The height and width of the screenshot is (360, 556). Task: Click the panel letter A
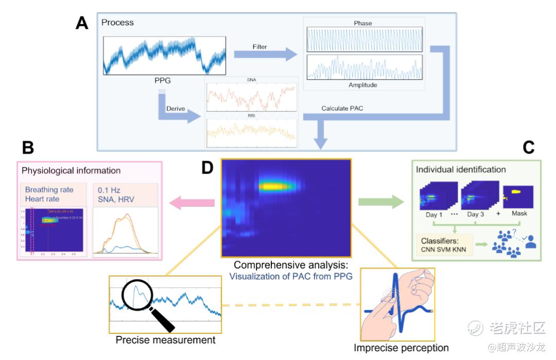(x=82, y=23)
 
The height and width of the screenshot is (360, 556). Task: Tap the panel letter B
(x=28, y=148)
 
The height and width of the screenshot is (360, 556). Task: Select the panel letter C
(x=529, y=148)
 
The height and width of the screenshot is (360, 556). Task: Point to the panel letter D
(x=207, y=168)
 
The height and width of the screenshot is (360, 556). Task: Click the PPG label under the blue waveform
(x=163, y=80)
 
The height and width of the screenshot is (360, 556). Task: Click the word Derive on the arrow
(x=176, y=109)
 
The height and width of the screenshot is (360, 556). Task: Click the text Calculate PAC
(x=342, y=109)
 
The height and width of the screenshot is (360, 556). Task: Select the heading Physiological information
(x=71, y=170)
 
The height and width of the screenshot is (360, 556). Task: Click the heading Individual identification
(x=461, y=169)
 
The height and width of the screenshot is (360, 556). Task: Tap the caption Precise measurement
(x=165, y=340)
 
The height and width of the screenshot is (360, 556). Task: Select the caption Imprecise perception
(x=401, y=348)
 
